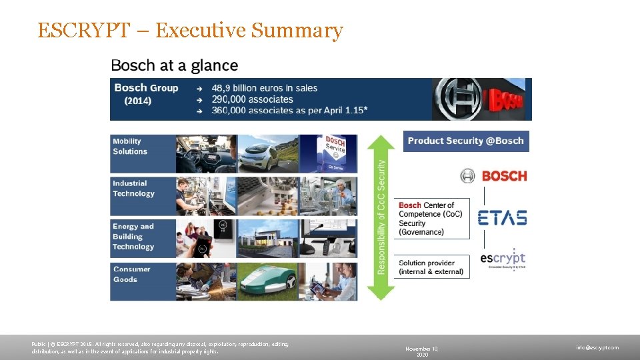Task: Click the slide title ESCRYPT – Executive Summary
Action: click(190, 31)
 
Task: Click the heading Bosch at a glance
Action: click(174, 65)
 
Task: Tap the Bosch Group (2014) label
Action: click(146, 94)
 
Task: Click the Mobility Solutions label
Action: click(130, 147)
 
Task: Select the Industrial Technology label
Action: click(133, 189)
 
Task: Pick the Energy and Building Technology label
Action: click(133, 237)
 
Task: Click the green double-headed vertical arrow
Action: click(381, 217)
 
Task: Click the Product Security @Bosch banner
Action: click(465, 141)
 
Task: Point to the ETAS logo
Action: click(502, 218)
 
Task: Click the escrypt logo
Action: click(503, 259)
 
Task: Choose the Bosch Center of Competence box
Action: click(431, 219)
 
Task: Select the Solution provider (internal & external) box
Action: click(431, 267)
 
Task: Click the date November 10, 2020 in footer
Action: click(422, 351)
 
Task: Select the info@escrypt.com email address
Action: click(597, 347)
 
